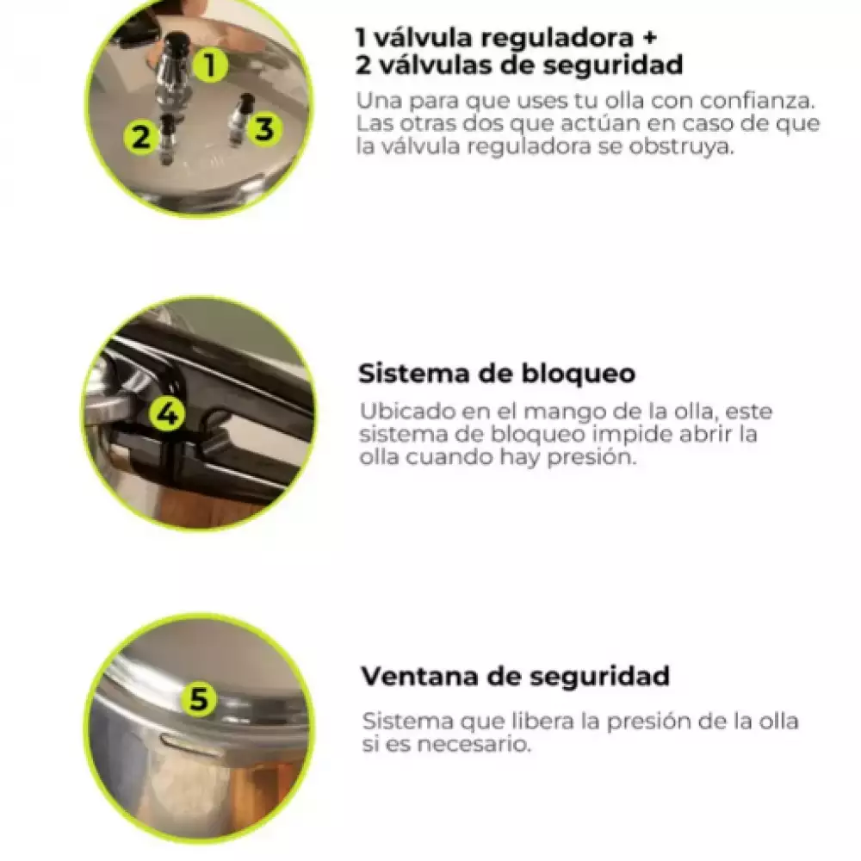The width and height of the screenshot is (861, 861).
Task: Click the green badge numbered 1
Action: pos(210,65)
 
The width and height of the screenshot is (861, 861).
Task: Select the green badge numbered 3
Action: pos(264,130)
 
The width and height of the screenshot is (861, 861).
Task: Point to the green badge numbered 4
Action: pos(168,412)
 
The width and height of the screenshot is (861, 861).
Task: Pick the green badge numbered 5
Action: pos(199,699)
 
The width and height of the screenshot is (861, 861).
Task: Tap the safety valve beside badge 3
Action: pos(242,121)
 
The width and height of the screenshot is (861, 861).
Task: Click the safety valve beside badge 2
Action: pos(166,140)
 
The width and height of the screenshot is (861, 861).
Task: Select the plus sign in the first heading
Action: pos(648,37)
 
